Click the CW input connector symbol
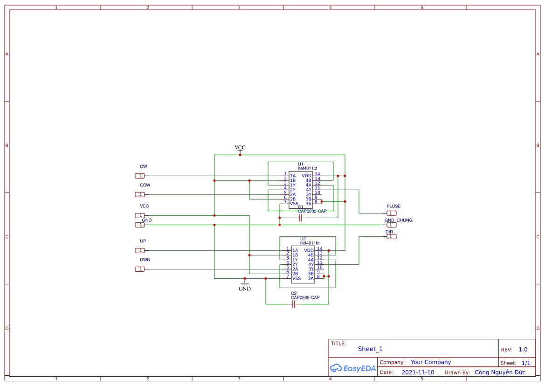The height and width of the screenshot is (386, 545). pos(140,176)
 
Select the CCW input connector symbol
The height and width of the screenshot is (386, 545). pos(140,194)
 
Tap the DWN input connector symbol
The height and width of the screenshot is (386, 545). pos(140,269)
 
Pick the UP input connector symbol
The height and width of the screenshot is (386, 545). pos(140,250)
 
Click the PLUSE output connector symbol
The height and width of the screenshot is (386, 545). pos(391,213)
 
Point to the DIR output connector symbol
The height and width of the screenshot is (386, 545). pos(391,236)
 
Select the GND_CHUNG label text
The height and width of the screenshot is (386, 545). pos(398,220)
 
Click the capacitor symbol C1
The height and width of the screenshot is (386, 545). pos(301,218)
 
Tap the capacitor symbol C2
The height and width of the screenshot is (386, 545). pos(294,304)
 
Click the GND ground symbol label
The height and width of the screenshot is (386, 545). pos(244,289)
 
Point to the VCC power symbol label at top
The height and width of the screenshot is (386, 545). pos(240,147)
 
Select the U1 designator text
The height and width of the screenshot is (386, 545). pos(301,164)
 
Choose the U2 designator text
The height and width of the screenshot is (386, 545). pos(303,239)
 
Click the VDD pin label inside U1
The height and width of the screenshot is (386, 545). pos(306,176)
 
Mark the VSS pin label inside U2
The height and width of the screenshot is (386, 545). pos(297,278)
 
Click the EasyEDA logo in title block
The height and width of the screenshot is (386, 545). pos(352,368)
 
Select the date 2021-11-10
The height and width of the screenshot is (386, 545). pos(418,372)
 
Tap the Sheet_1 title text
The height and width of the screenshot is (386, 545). pos(370,349)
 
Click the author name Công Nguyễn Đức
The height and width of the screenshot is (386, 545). pos(500,372)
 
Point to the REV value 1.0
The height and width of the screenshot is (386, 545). pos(523,349)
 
